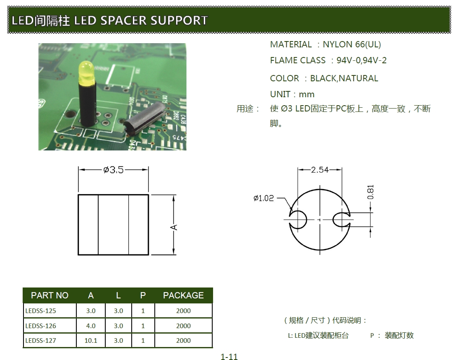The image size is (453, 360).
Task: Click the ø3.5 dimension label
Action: point(113,170)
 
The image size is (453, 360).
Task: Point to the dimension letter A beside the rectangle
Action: point(174,227)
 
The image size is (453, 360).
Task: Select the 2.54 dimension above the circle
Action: point(320,170)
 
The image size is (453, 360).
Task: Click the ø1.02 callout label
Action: point(263,198)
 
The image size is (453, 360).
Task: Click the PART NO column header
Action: point(49,295)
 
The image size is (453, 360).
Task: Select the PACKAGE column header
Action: point(183,295)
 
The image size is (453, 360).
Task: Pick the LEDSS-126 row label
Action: point(41,326)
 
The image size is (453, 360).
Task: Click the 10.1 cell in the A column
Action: point(91,340)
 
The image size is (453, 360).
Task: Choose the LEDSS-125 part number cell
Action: point(41,311)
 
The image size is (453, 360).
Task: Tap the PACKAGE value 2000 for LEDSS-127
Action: point(183,340)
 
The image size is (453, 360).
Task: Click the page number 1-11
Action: point(229,357)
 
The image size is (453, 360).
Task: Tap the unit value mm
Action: point(307,94)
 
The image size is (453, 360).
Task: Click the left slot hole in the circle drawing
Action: point(299,219)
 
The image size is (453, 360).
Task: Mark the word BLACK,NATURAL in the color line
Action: point(344,78)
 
